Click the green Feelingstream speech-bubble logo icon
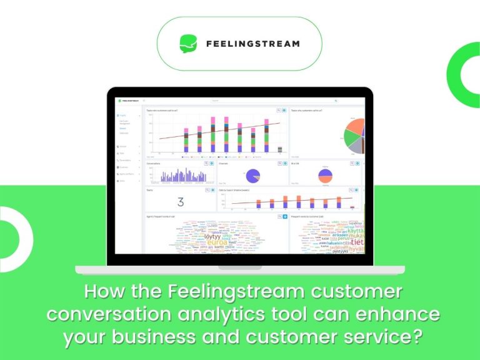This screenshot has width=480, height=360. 189,43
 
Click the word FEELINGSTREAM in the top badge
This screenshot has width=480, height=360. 252,44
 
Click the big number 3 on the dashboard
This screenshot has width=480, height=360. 181,202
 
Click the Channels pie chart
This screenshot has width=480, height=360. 254,176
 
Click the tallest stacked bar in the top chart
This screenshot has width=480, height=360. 212,134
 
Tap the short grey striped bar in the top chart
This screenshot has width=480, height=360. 279,149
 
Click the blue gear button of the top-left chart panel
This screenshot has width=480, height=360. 284,111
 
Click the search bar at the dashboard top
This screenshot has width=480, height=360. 275,100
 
